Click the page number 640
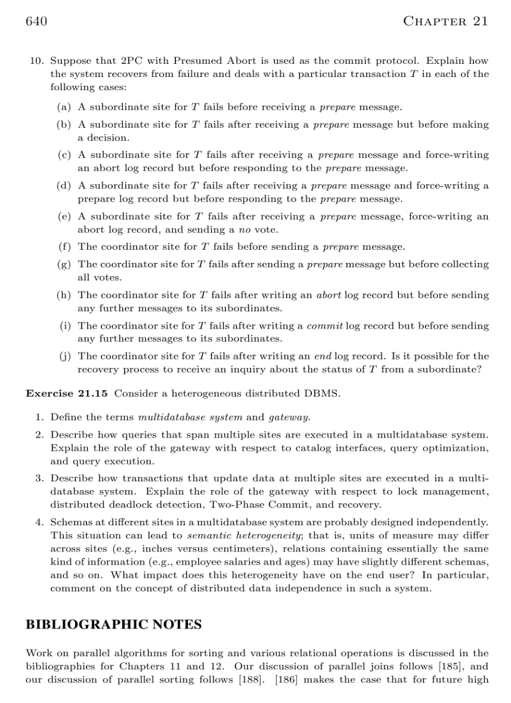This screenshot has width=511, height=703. [x=36, y=22]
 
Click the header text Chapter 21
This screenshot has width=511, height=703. [x=445, y=22]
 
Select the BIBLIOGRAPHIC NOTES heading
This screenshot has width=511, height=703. [x=113, y=625]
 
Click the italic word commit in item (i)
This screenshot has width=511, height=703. [x=324, y=326]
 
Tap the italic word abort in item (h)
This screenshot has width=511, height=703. [x=329, y=295]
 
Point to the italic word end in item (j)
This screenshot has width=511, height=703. [x=322, y=356]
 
